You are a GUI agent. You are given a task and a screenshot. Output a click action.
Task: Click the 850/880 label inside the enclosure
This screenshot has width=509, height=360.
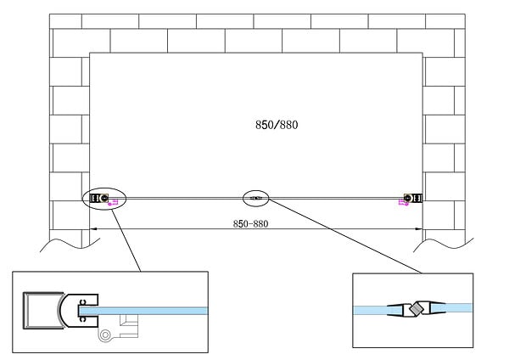click(x=277, y=125)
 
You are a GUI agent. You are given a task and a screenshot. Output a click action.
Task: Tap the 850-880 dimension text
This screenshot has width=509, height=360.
click(x=250, y=224)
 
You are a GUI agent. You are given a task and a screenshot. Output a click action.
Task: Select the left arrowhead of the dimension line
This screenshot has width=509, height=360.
click(x=93, y=229)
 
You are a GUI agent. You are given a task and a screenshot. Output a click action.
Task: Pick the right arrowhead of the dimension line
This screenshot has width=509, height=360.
click(x=419, y=229)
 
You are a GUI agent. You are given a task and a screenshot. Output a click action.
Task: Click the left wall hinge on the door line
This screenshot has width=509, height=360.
click(x=99, y=198)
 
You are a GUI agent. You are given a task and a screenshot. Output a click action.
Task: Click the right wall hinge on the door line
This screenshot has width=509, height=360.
click(x=413, y=198)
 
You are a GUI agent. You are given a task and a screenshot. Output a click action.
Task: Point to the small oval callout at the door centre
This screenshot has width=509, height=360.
click(x=256, y=198)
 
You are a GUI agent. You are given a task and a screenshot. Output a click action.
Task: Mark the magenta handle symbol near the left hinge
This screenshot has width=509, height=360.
click(x=113, y=203)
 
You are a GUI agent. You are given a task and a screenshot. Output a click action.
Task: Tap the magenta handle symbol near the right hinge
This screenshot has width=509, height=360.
click(x=404, y=203)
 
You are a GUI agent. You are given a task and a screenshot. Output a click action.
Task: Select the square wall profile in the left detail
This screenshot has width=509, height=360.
click(x=42, y=311)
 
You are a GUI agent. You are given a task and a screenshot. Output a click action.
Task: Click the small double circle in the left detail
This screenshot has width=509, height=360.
click(x=105, y=335)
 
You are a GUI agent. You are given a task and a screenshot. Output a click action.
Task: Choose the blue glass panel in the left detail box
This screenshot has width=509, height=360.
click(x=143, y=311)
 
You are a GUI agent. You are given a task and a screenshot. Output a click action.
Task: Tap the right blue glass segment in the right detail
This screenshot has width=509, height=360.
click(x=452, y=308)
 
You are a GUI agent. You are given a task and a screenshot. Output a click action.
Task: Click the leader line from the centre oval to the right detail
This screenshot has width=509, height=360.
click(x=345, y=236)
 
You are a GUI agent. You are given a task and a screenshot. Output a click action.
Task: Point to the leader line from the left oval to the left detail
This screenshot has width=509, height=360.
click(x=126, y=241)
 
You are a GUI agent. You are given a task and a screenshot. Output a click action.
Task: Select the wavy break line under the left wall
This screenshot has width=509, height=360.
click(x=70, y=245)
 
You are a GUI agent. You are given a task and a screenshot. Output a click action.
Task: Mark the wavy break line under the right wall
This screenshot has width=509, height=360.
click(x=443, y=245)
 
